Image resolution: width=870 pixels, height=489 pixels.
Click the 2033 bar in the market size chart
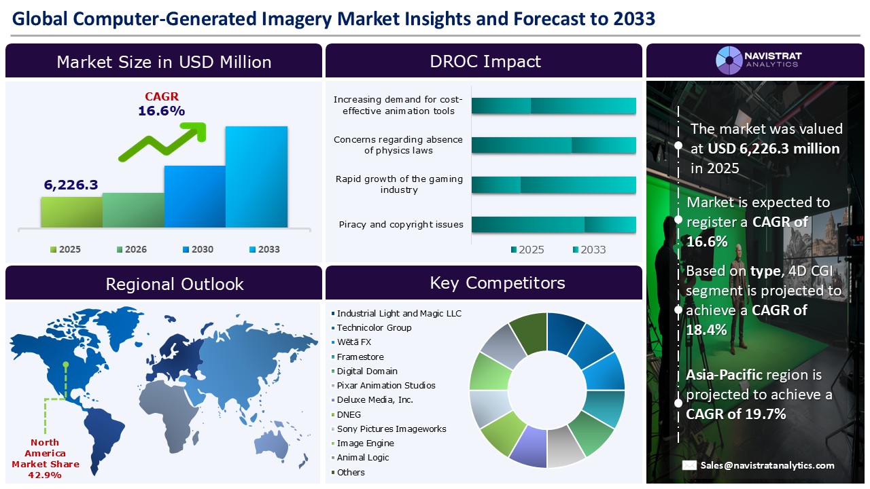(256, 177)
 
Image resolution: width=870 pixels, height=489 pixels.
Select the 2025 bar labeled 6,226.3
(71, 212)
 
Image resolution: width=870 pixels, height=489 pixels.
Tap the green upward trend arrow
(163, 141)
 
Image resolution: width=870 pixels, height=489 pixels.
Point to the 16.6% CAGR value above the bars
(161, 111)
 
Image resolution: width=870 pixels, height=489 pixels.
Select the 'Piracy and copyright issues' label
(400, 225)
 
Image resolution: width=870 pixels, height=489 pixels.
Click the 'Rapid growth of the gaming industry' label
(399, 185)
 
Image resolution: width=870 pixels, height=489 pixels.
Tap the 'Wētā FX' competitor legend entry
(353, 342)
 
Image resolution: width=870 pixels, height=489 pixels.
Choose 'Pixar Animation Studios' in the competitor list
(385, 386)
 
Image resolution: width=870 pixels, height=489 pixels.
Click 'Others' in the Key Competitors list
(351, 473)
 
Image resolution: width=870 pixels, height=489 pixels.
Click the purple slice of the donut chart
(527, 448)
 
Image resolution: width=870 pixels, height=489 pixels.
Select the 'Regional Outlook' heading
(174, 284)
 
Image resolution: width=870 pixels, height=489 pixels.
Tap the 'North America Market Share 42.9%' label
(46, 459)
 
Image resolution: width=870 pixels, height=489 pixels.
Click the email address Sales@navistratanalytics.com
(767, 465)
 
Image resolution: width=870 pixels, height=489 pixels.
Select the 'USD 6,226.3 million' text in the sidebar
(773, 149)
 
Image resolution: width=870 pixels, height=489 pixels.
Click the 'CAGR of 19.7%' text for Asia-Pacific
(736, 414)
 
